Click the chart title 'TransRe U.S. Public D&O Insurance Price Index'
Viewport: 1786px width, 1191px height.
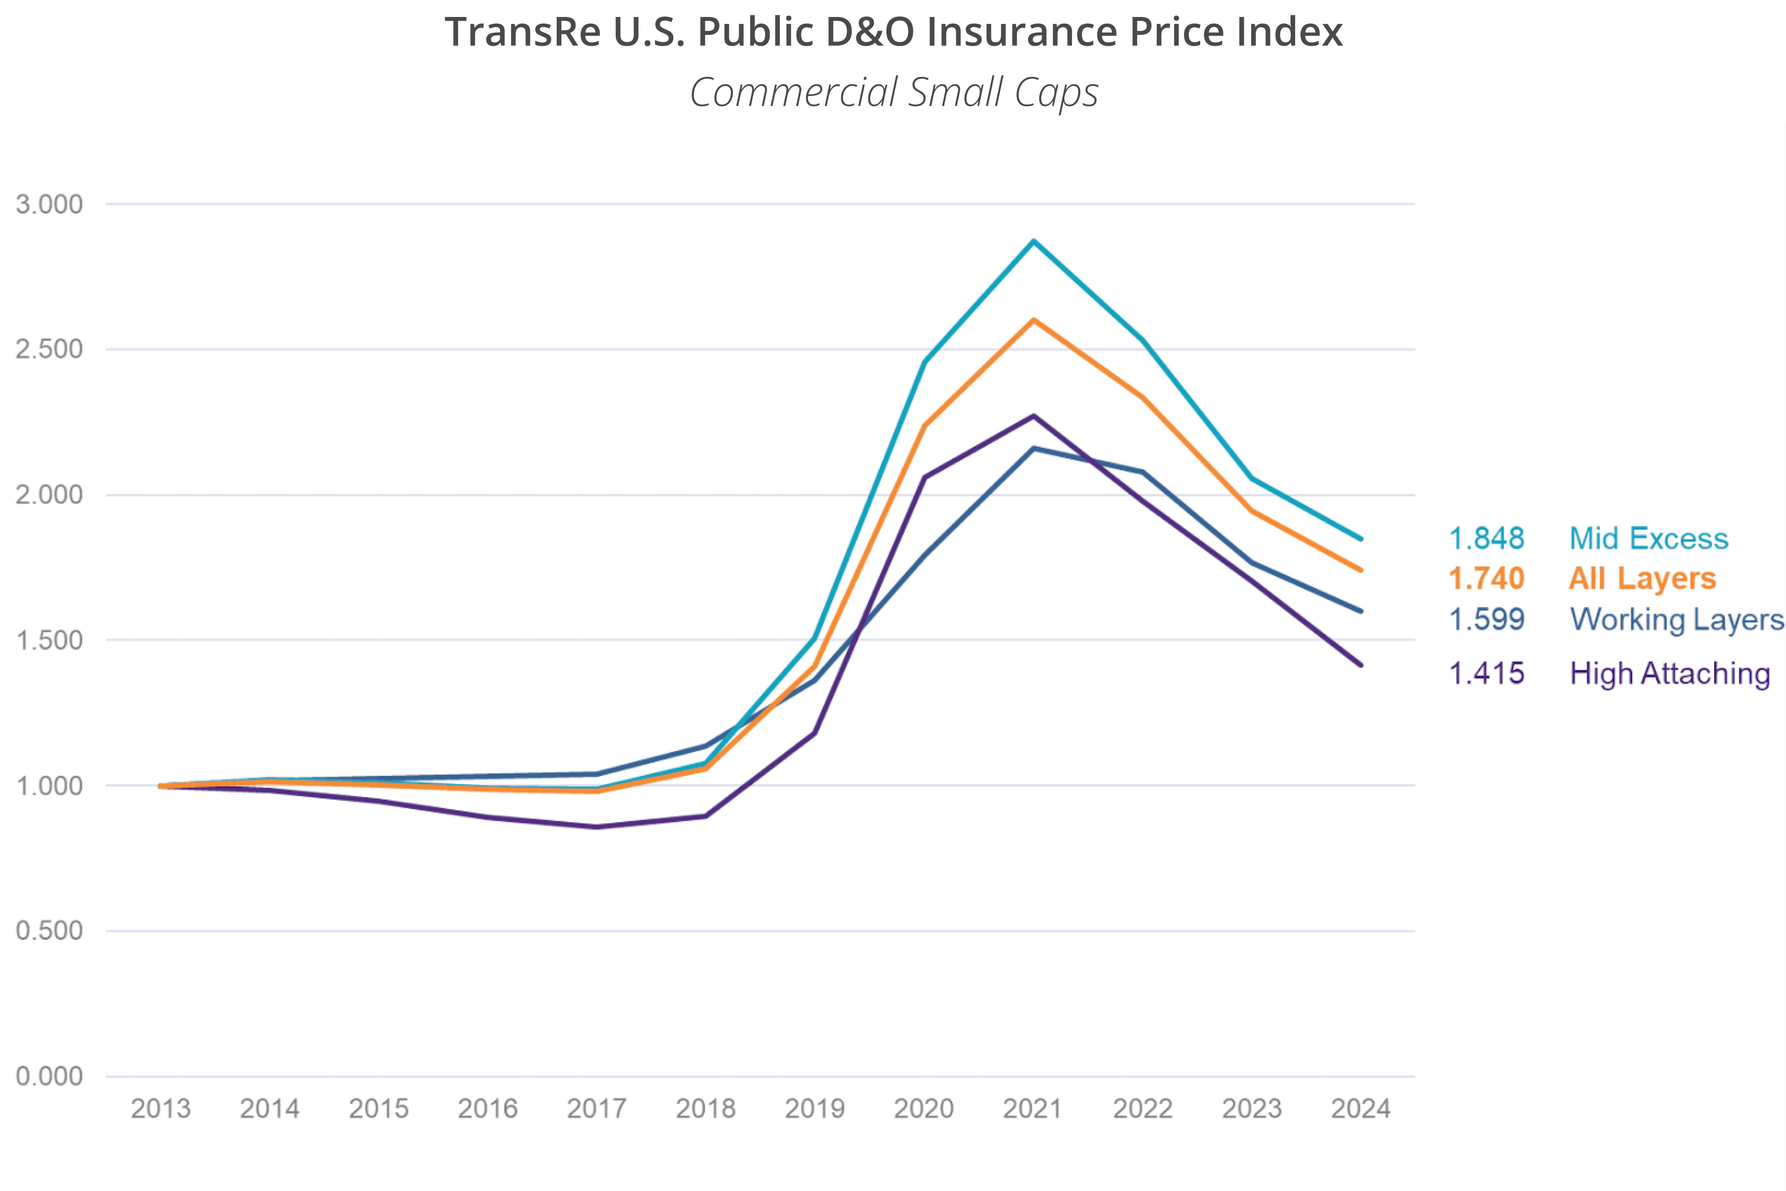[x=893, y=32]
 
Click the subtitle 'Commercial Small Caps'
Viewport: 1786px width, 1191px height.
[x=893, y=92]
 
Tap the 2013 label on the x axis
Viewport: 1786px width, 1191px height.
[x=160, y=1109]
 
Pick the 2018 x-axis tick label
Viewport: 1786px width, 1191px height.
[x=705, y=1109]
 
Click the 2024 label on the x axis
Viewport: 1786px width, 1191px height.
[x=1360, y=1109]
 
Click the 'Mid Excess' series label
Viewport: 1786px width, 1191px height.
[x=1648, y=538]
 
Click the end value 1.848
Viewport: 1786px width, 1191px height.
[x=1486, y=538]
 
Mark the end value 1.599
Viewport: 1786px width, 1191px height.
[x=1486, y=619]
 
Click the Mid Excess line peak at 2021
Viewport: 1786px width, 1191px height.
[x=1033, y=241]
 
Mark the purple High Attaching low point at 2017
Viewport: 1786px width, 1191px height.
[x=597, y=826]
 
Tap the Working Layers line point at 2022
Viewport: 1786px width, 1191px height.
[x=1142, y=472]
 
